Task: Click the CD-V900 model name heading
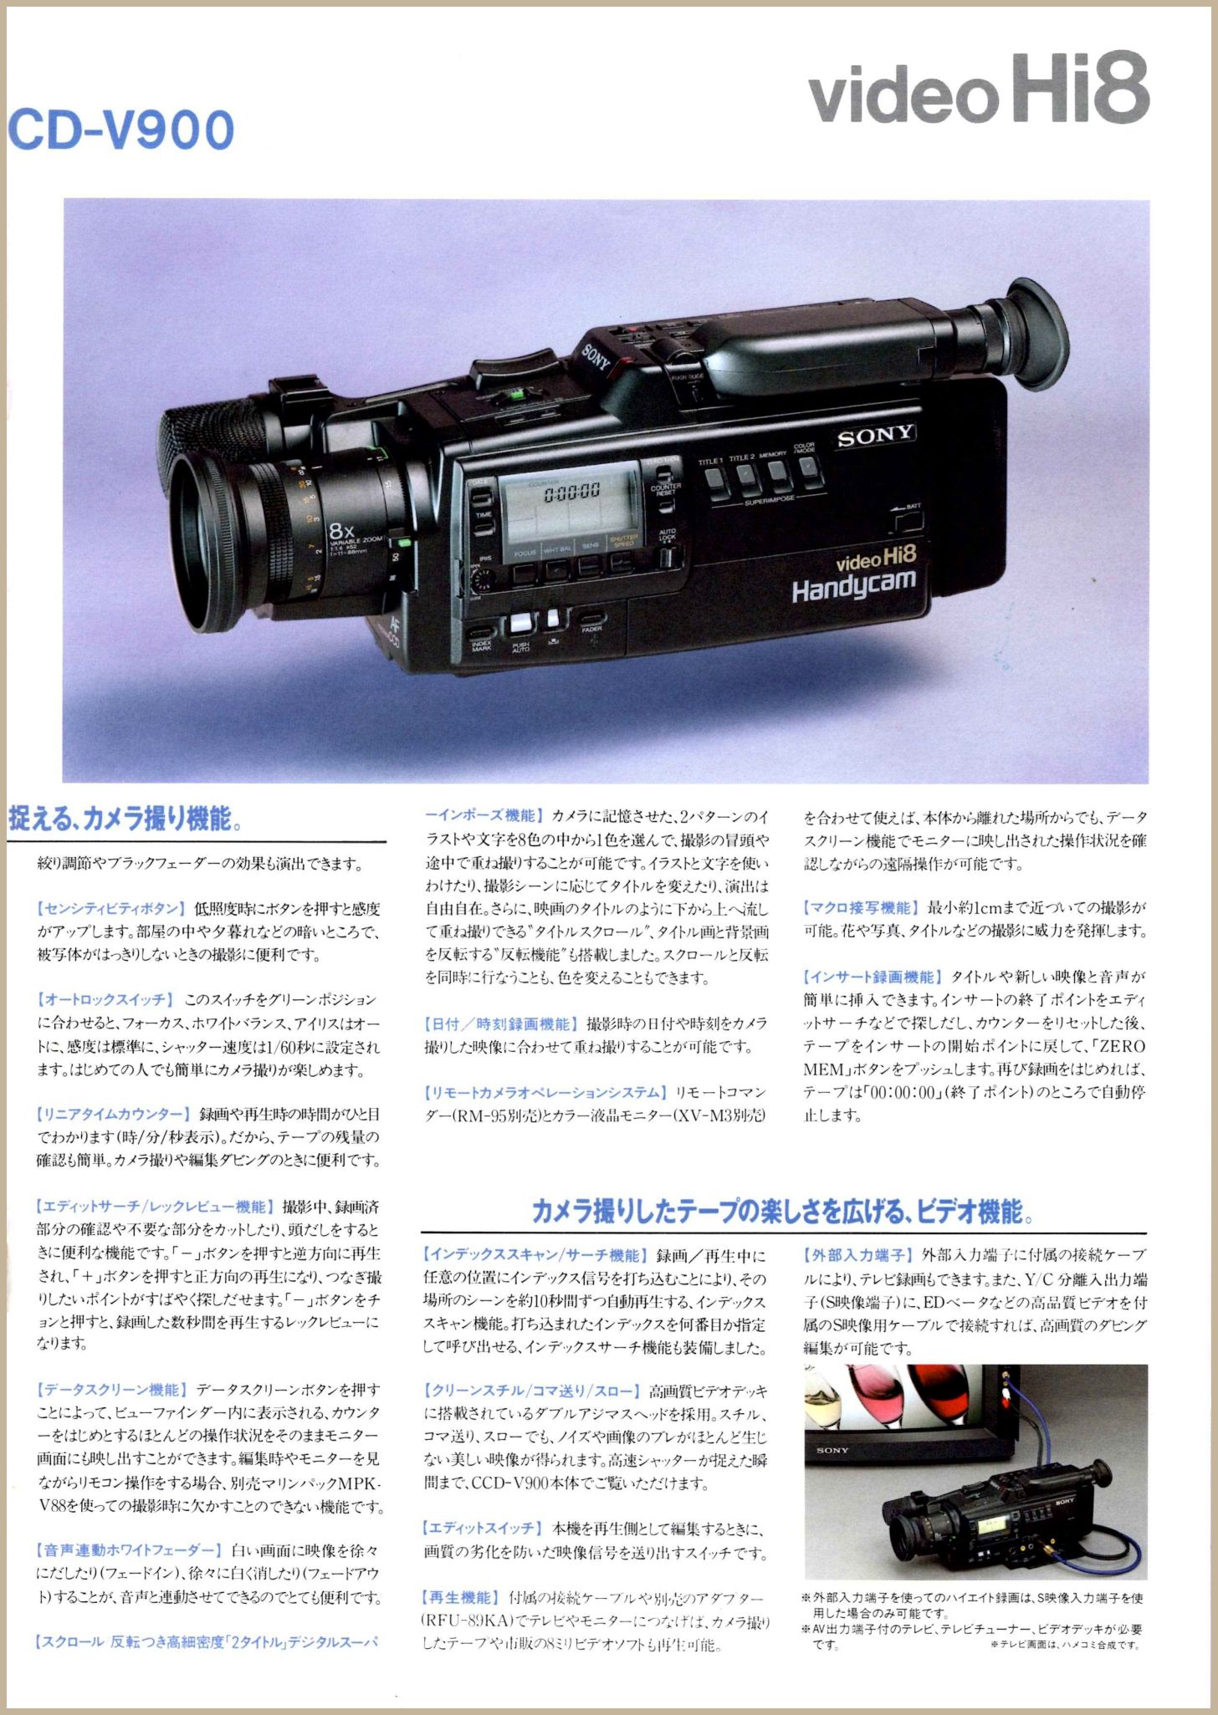[x=121, y=130]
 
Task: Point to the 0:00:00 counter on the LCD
[x=572, y=492]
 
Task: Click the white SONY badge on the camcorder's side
[x=875, y=436]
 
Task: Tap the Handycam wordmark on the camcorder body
[x=853, y=586]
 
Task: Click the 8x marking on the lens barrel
[x=342, y=530]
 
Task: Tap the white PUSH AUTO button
[x=520, y=623]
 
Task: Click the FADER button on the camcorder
[x=591, y=620]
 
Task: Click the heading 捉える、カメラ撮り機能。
[x=125, y=818]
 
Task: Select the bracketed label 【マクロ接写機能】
[x=860, y=907]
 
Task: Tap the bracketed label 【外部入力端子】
[x=857, y=1255]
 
